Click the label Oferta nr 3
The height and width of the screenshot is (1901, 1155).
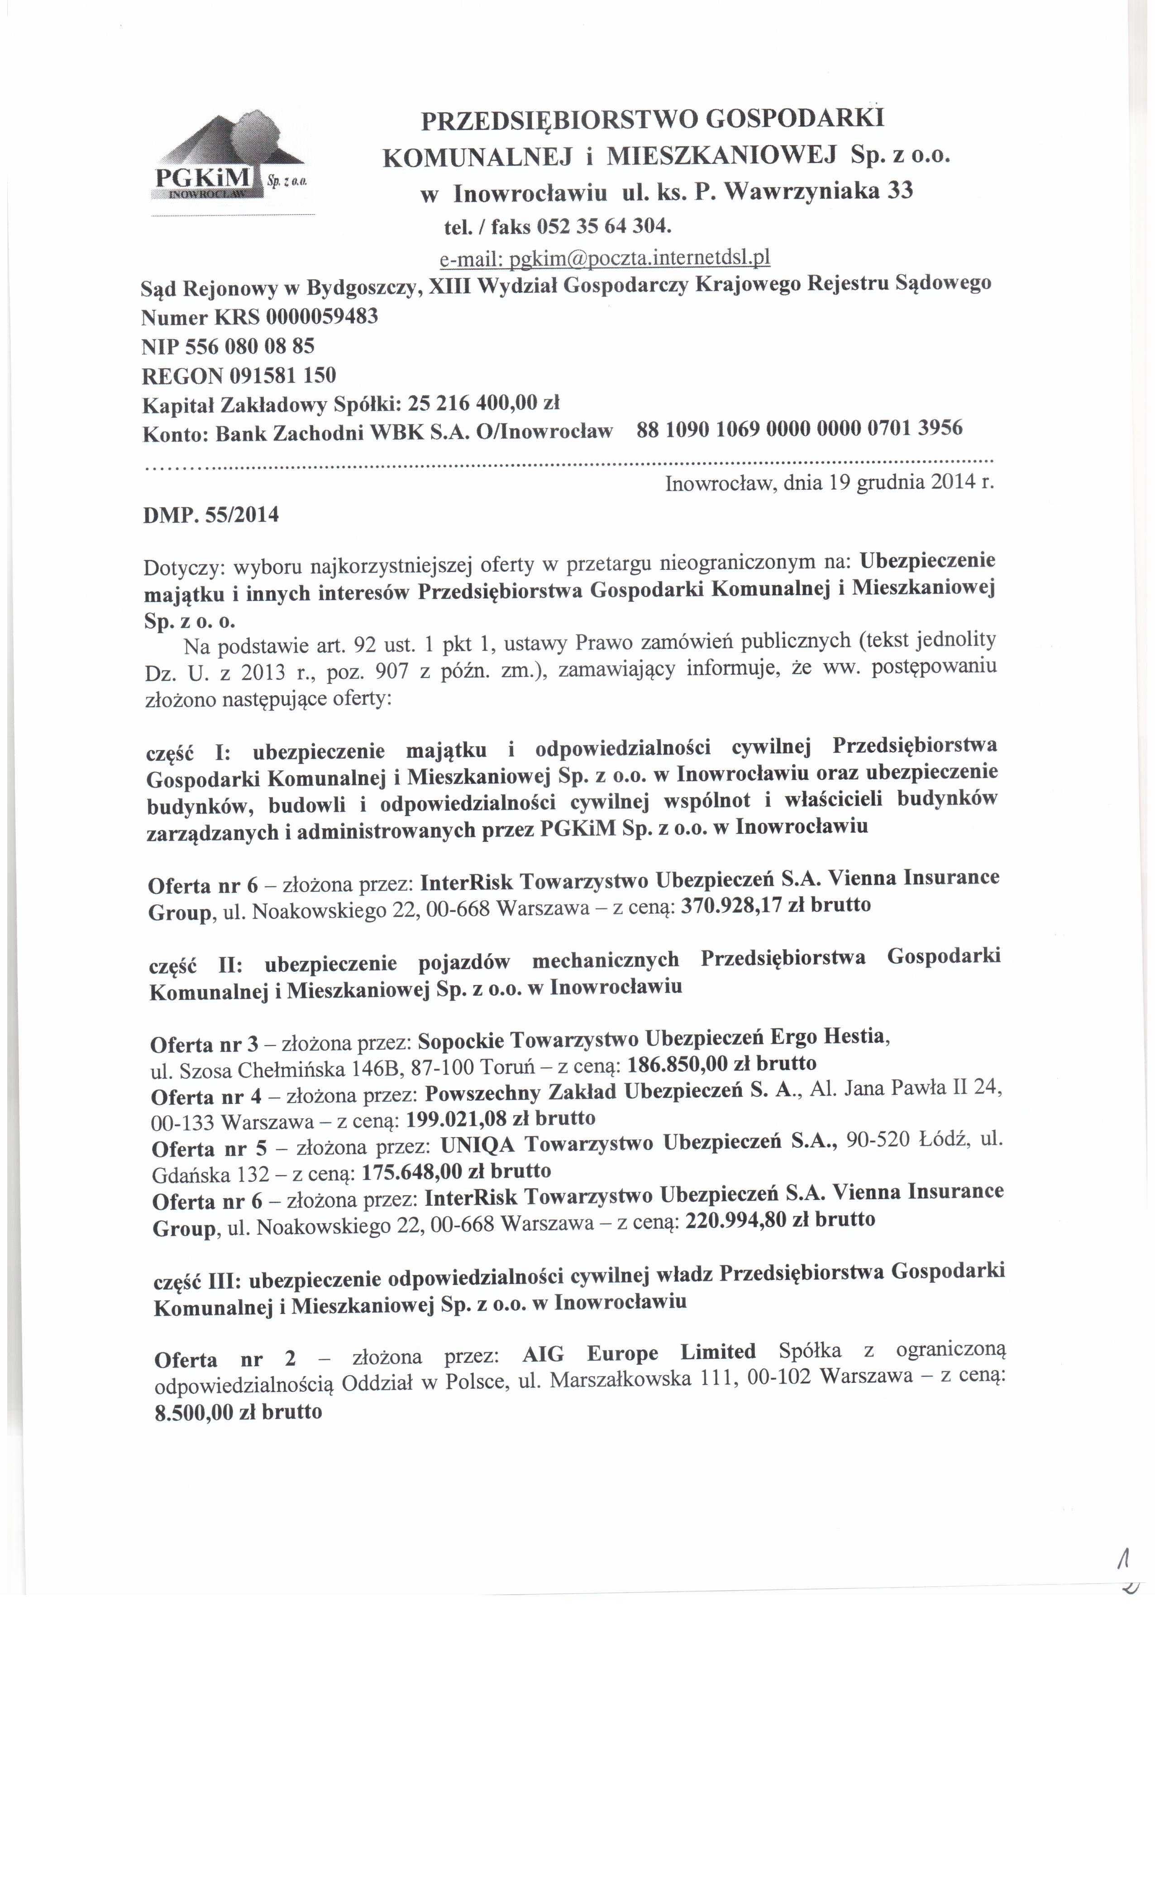[205, 1046]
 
